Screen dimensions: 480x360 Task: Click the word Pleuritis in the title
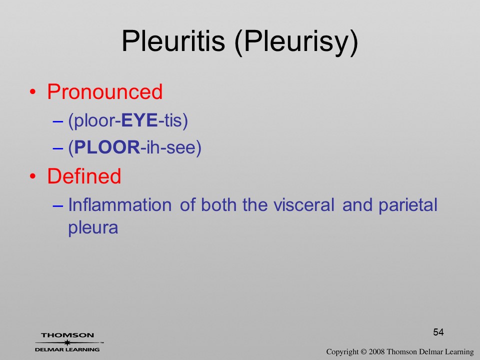[x=173, y=41]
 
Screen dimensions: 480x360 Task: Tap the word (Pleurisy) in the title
[x=296, y=43]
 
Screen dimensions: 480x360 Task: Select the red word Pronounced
[x=104, y=91]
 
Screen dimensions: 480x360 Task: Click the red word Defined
[x=84, y=176]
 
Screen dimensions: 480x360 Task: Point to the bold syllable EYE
[x=139, y=120]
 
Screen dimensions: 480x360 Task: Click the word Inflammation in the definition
[x=119, y=205]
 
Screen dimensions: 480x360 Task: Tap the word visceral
[x=303, y=205]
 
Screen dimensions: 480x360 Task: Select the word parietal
[x=408, y=205]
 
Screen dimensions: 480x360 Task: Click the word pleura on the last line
[x=93, y=228]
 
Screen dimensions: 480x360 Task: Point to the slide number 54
[x=438, y=332]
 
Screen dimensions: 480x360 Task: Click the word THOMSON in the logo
[x=67, y=335]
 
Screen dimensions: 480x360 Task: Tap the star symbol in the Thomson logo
[x=67, y=342]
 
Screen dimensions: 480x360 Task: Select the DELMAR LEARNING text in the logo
[x=67, y=349]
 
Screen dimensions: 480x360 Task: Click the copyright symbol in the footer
[x=363, y=352]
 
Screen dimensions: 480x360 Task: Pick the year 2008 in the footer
[x=376, y=352]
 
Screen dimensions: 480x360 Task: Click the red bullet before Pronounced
[x=33, y=92]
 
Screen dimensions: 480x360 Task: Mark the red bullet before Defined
[x=33, y=176]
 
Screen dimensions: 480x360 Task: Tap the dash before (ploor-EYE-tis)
[x=57, y=121]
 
